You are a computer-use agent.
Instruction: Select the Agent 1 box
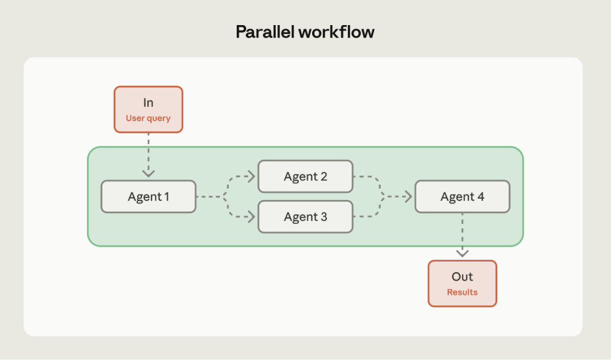(149, 196)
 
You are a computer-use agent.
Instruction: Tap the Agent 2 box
(305, 177)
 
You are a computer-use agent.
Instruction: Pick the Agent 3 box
(305, 217)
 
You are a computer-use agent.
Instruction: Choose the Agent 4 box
(462, 196)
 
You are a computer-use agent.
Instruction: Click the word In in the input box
(148, 103)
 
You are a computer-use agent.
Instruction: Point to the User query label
(148, 118)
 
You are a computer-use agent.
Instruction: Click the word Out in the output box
(462, 277)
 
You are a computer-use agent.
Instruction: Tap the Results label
(462, 292)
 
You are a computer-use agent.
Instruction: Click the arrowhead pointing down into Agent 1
(149, 173)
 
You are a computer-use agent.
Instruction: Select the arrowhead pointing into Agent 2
(251, 177)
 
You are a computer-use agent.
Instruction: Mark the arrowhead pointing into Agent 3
(251, 217)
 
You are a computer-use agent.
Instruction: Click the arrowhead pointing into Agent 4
(408, 196)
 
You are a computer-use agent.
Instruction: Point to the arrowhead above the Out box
(462, 253)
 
